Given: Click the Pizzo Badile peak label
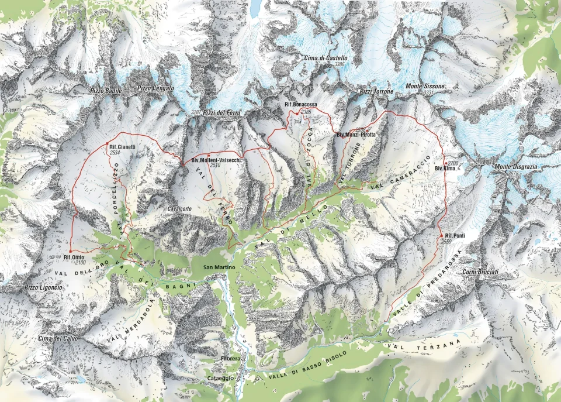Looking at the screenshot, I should tap(106, 91).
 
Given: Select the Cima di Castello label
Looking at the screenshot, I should tap(325, 59).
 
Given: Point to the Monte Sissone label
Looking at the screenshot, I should tap(425, 87).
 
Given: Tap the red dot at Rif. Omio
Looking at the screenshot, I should tap(70, 251).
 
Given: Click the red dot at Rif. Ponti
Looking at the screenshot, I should tap(441, 235).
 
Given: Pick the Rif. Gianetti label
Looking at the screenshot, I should tap(122, 147).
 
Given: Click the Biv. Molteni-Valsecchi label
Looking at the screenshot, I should tap(217, 160).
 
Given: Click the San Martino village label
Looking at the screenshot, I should tap(219, 267).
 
